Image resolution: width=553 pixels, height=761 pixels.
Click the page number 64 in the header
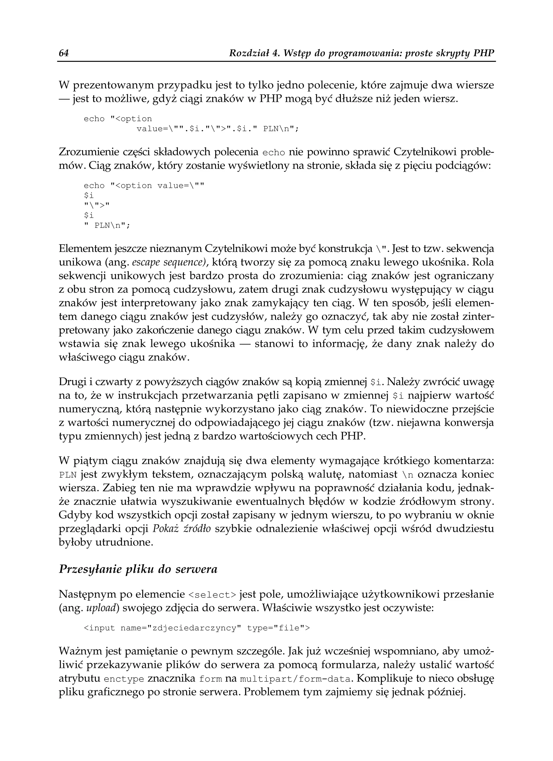point(64,53)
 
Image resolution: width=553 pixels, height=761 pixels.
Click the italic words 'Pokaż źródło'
point(182,529)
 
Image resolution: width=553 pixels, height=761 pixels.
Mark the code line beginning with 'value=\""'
point(217,129)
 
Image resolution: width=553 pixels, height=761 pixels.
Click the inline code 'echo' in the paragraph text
point(274,153)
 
